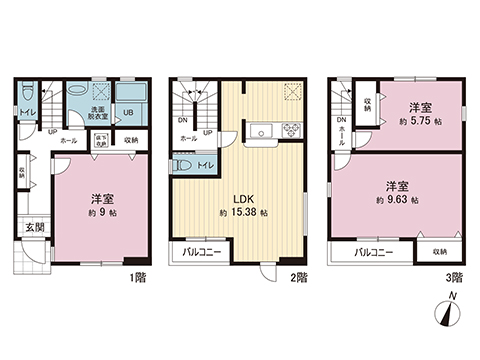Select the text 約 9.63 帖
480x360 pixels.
click(x=397, y=201)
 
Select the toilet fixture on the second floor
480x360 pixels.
click(x=183, y=163)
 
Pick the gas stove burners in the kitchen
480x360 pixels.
click(x=292, y=129)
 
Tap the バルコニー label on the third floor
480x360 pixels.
click(x=380, y=253)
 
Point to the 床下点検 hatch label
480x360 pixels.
click(x=101, y=141)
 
